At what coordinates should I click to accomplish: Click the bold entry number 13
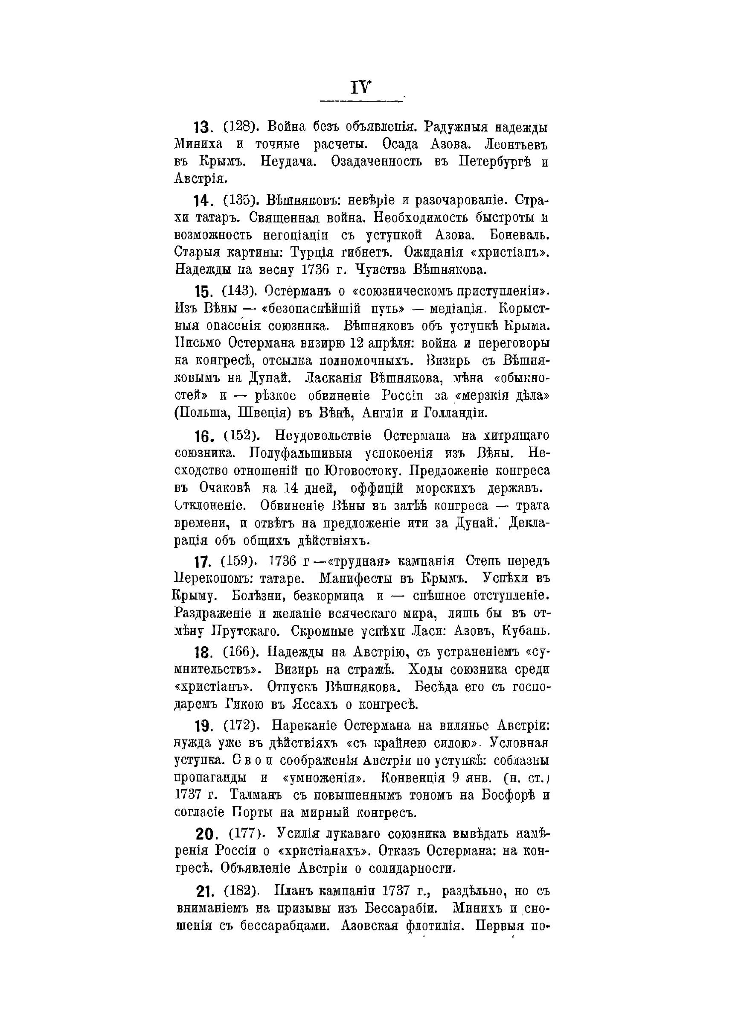201,129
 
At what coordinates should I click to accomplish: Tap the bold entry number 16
203,437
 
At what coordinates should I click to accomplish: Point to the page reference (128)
240,127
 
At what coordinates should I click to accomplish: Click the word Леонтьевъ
516,145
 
